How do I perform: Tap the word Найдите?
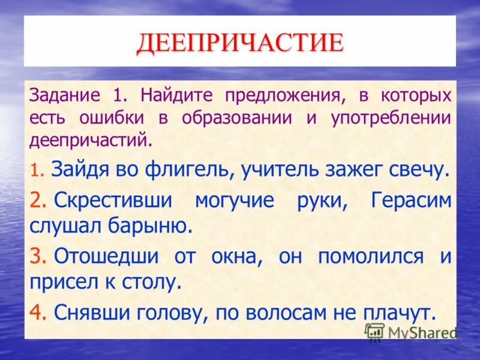(x=173, y=95)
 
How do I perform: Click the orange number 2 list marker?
(x=39, y=200)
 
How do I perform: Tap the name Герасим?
(x=410, y=200)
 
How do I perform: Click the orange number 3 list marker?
(x=39, y=256)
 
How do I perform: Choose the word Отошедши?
(x=106, y=256)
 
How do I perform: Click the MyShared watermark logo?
(x=411, y=332)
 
